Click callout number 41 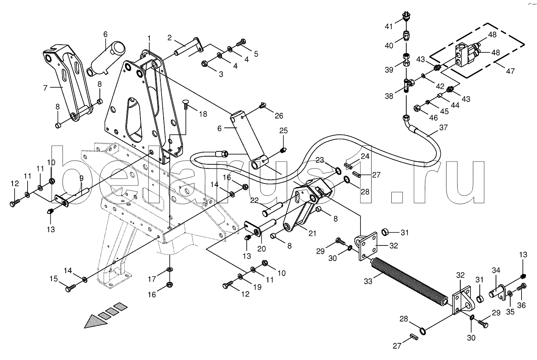(388, 26)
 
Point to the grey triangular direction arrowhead (96, 321)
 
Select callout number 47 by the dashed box (510, 71)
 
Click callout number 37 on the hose (444, 127)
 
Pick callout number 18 (203, 114)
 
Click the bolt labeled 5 (241, 43)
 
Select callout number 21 (313, 233)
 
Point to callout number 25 (284, 131)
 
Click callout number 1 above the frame (149, 38)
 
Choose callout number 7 (45, 88)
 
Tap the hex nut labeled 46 (417, 108)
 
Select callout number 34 (496, 270)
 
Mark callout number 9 (82, 178)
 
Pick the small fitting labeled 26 (263, 105)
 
